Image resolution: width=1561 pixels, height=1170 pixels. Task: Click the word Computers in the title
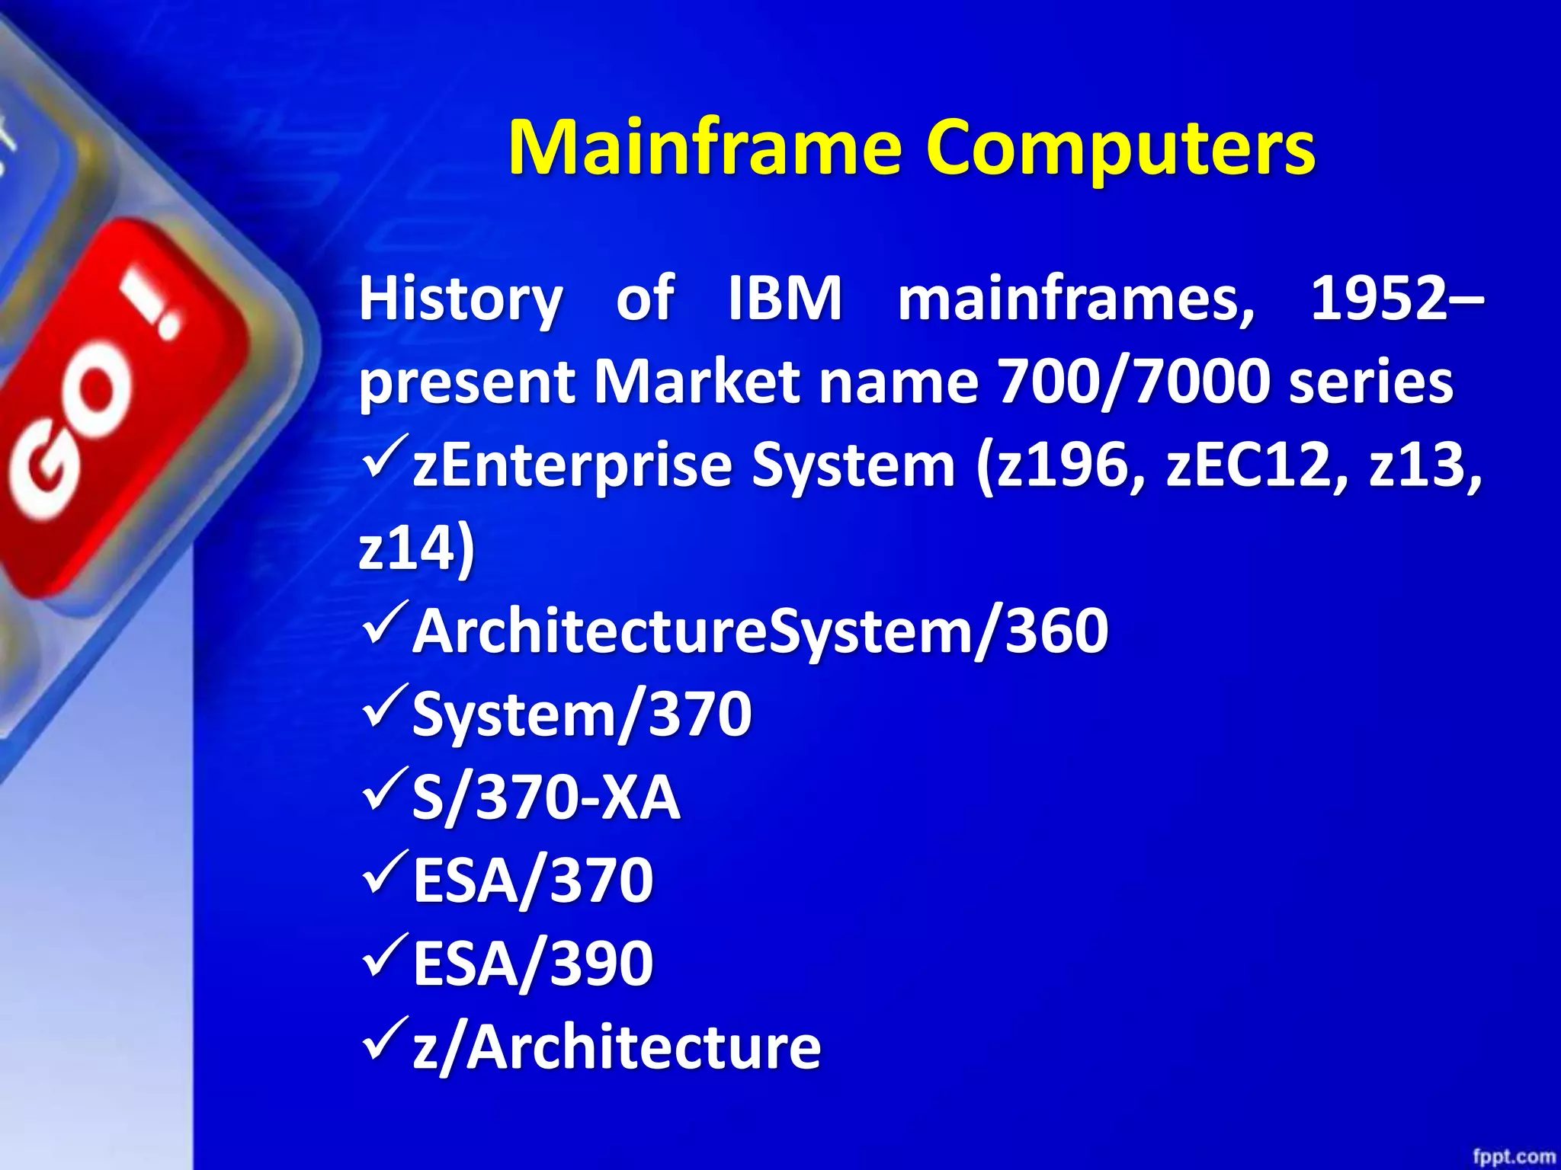pyautogui.click(x=1120, y=149)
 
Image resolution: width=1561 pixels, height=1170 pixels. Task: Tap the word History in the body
pyautogui.click(x=461, y=299)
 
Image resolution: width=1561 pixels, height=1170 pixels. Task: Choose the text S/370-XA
pyautogui.click(x=546, y=798)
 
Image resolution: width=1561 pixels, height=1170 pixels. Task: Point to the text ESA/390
pyautogui.click(x=533, y=964)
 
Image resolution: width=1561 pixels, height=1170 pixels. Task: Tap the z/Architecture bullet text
pyautogui.click(x=617, y=1047)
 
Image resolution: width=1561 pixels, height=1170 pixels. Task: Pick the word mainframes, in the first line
pyautogui.click(x=1075, y=299)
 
